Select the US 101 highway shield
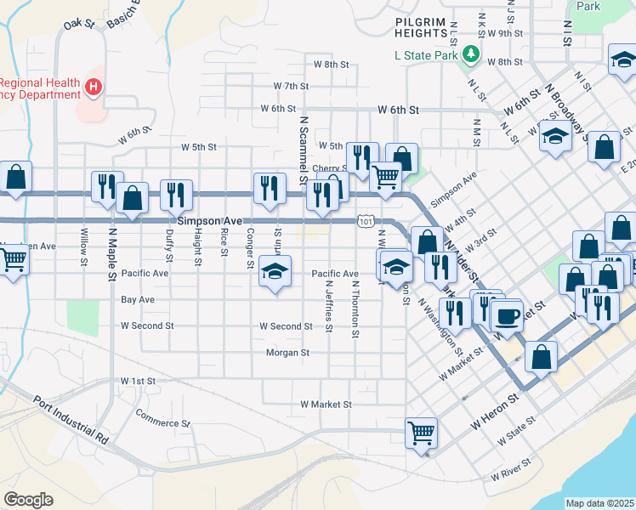tap(366, 221)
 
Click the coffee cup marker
tap(508, 315)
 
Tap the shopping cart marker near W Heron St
tap(421, 432)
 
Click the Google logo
tap(28, 499)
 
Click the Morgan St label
tap(287, 352)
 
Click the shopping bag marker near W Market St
tap(541, 358)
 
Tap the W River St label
tap(510, 469)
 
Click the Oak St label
tap(78, 24)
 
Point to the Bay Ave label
tap(138, 300)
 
